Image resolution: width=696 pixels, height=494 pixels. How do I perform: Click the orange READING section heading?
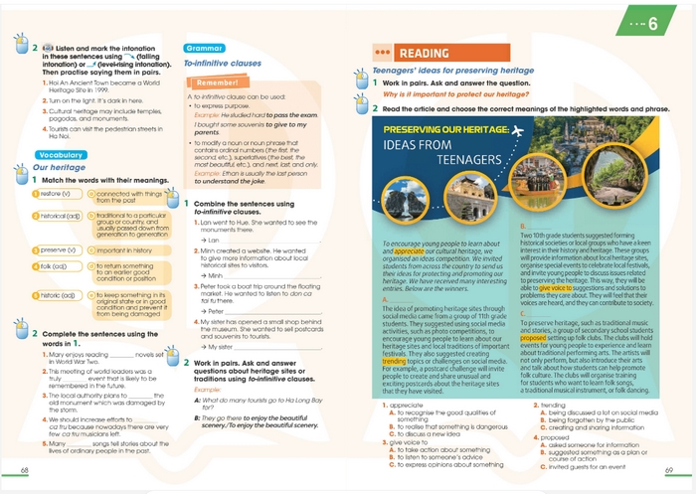click(x=422, y=53)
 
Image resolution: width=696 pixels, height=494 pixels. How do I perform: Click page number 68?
click(x=25, y=468)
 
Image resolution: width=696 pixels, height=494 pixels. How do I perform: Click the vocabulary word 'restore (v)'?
click(x=54, y=194)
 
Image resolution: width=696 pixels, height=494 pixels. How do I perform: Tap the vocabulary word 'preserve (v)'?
click(x=58, y=249)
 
